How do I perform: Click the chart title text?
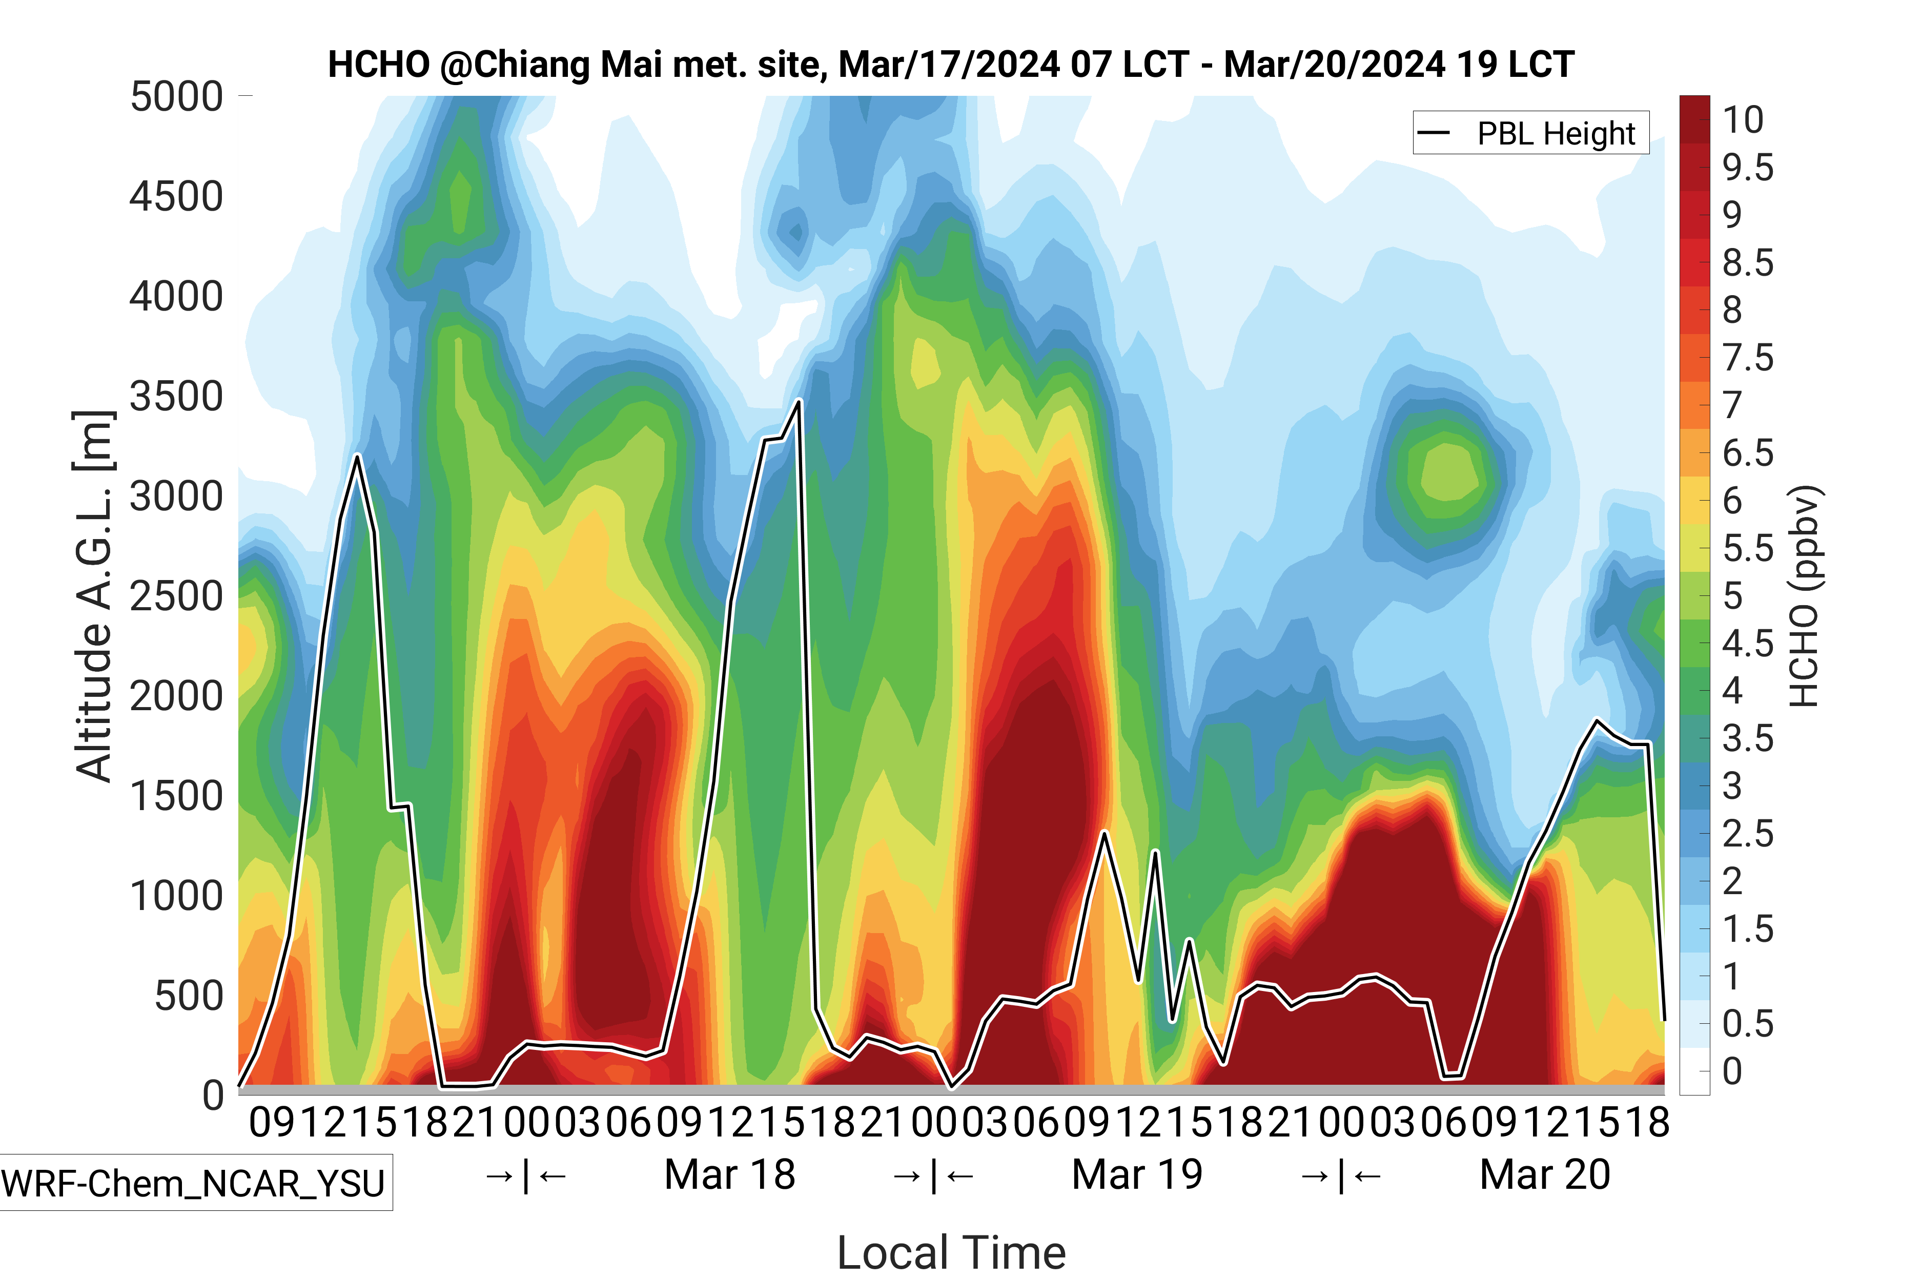[950, 65]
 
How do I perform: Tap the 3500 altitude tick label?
[176, 397]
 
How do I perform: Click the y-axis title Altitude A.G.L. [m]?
[93, 596]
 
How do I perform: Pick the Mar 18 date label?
[730, 1175]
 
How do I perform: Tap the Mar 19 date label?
[1137, 1175]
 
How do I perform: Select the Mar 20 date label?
[1544, 1175]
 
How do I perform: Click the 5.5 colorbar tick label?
[1748, 549]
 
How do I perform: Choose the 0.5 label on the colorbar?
[1748, 1024]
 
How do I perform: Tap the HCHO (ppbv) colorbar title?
[1804, 596]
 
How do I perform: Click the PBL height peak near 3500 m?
[799, 401]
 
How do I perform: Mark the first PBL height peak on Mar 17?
[357, 456]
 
